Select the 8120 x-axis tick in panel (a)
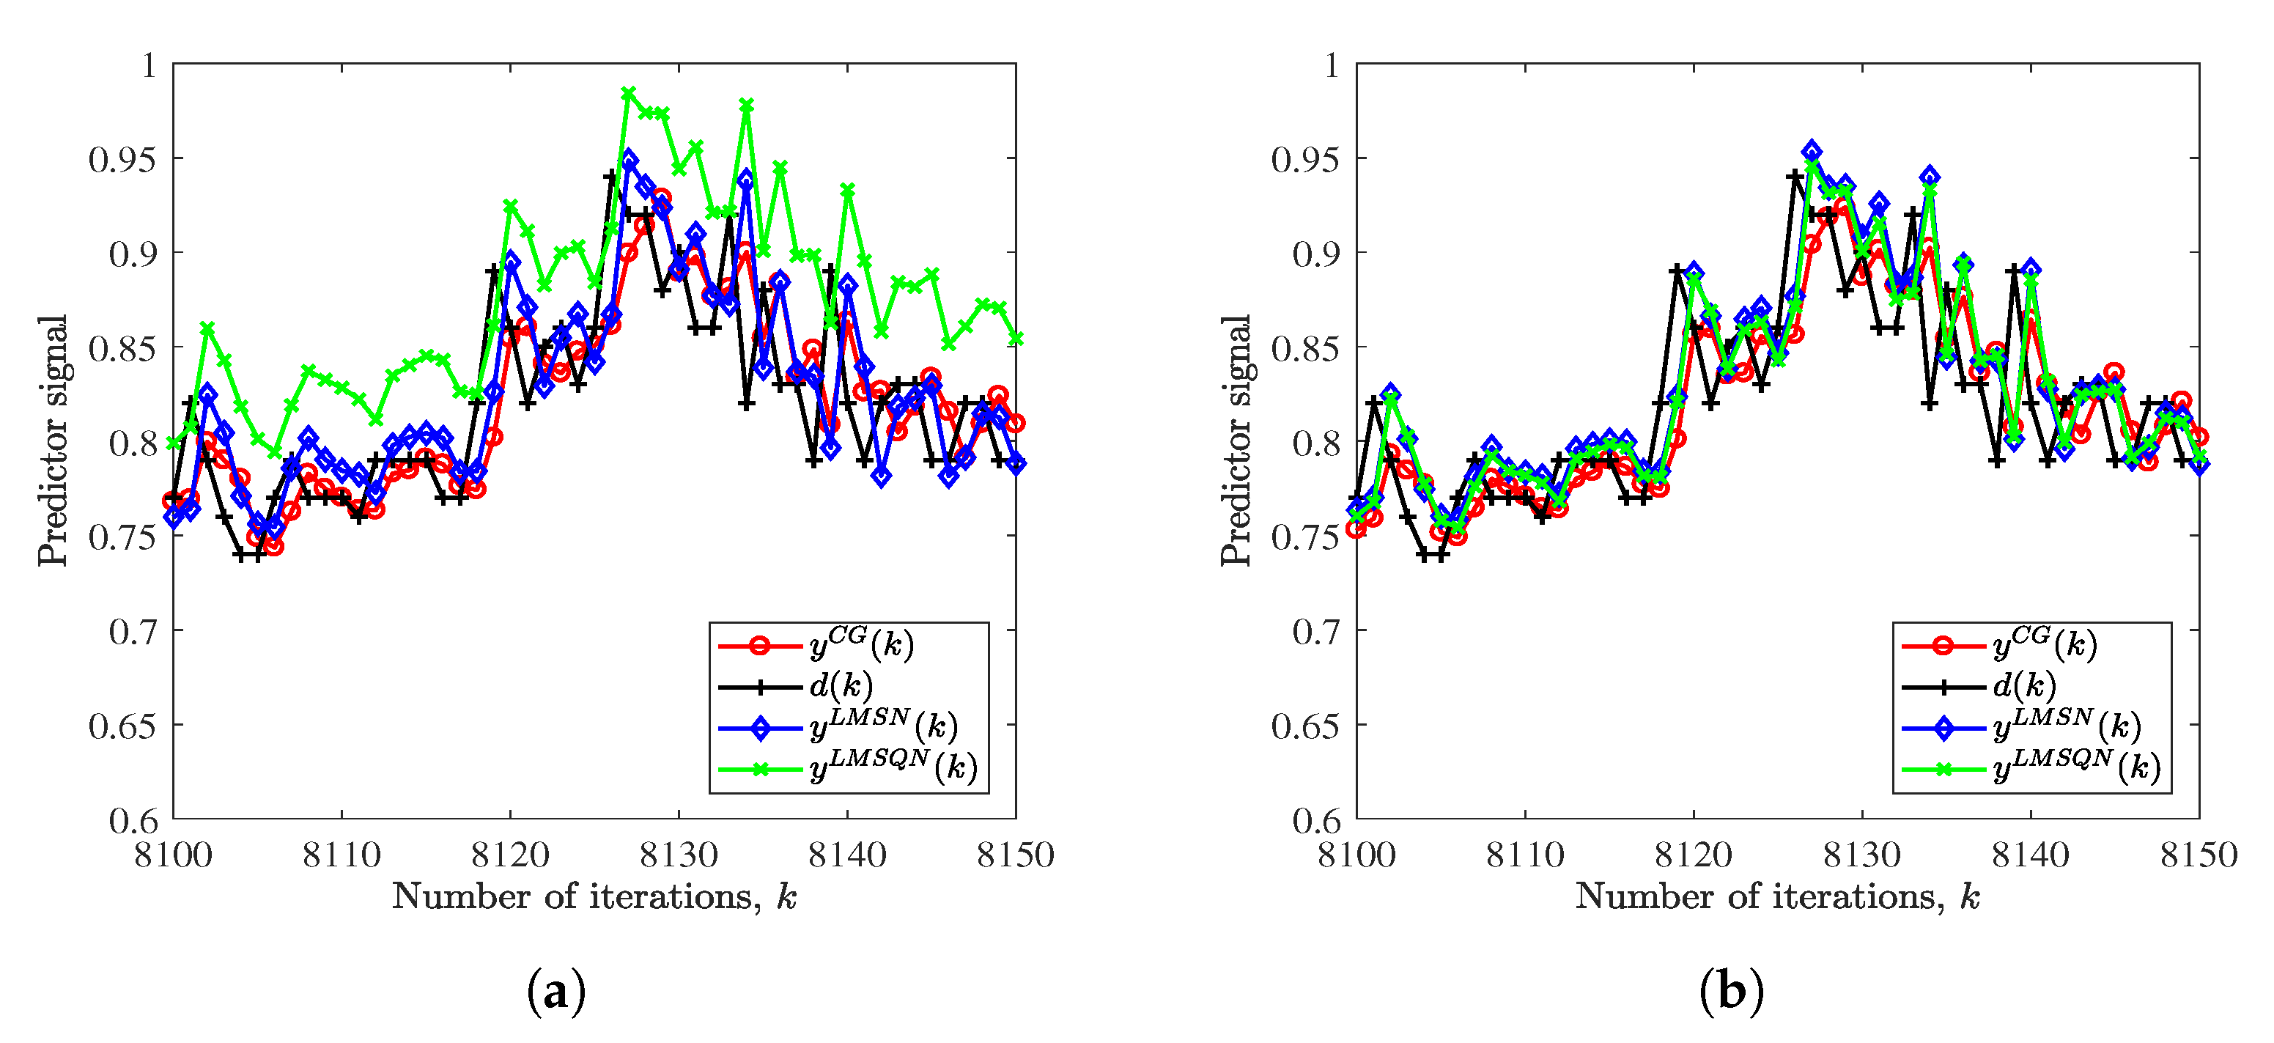[x=510, y=855]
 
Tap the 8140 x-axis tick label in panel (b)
[x=2031, y=855]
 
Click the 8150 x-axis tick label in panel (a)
[x=1015, y=855]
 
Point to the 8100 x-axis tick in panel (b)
[x=1356, y=855]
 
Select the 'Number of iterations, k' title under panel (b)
[x=1777, y=896]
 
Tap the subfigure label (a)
[x=556, y=992]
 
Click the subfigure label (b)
[x=1731, y=992]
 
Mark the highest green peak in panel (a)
[x=629, y=94]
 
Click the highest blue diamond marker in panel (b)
[x=1812, y=151]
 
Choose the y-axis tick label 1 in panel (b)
[x=1332, y=65]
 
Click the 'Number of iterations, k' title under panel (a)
[x=594, y=896]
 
